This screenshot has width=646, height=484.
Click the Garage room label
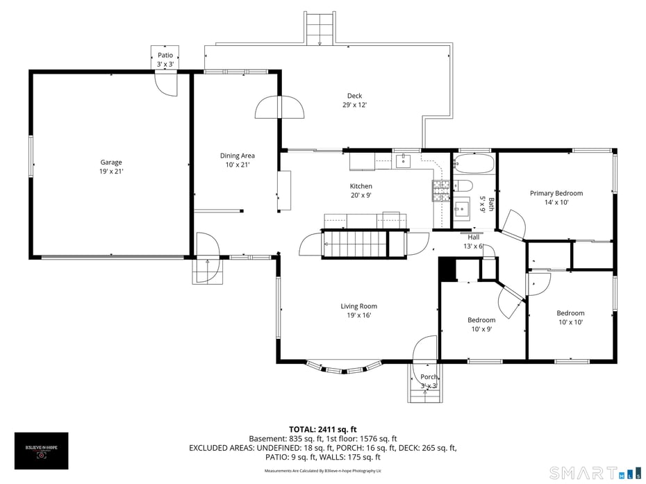[110, 167]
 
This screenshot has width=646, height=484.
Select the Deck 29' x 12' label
[354, 101]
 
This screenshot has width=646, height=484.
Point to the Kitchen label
[361, 191]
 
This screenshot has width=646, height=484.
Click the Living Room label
[358, 310]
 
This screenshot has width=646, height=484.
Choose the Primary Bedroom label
[556, 198]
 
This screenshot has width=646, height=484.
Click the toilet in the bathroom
[463, 185]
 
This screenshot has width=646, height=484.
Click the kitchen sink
[403, 162]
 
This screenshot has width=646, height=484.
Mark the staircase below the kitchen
[354, 244]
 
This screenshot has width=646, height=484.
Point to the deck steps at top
[320, 28]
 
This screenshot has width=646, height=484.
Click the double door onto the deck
[280, 108]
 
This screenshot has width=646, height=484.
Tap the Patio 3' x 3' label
[165, 59]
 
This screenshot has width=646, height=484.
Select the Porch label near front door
[429, 381]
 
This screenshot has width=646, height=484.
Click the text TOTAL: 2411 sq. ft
[322, 429]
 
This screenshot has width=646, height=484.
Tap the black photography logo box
[42, 451]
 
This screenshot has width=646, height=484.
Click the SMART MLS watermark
[595, 473]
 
